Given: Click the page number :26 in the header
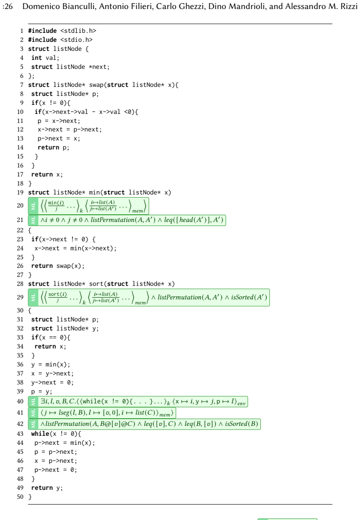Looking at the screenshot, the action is [x=7, y=6].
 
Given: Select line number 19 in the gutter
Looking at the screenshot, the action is [x=20, y=192].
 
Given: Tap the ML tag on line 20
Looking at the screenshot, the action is [x=33, y=206].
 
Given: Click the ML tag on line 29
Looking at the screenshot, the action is [x=33, y=298].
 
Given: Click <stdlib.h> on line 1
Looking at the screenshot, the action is [x=78, y=31].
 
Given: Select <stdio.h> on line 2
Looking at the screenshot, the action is [x=76, y=40].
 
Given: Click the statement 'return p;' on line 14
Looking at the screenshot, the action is [x=54, y=148].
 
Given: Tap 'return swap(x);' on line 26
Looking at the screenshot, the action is [x=58, y=266].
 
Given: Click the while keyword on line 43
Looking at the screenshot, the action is [x=40, y=434].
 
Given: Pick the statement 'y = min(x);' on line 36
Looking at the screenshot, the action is [x=51, y=365].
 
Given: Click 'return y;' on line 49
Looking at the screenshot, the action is [x=47, y=488].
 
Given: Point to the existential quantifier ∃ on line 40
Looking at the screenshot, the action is [x=43, y=401].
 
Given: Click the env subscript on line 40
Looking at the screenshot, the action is [x=241, y=403].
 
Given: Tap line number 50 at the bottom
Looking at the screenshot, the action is [x=20, y=497].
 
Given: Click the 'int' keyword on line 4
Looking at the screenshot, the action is [x=36, y=58].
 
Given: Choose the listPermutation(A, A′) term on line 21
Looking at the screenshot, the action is [x=123, y=220].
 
